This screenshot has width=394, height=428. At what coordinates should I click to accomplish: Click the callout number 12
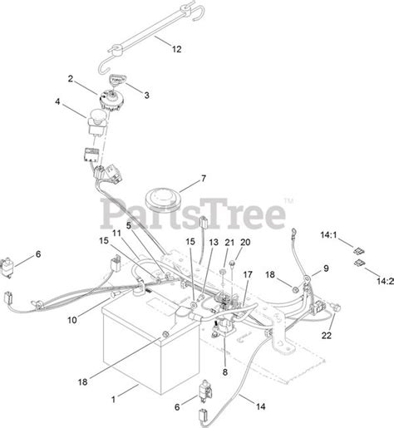tap(176, 49)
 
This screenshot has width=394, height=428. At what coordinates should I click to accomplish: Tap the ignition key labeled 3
tap(116, 80)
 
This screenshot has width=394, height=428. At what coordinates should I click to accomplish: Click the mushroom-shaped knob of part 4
tap(97, 115)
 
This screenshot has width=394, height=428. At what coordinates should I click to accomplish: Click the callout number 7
tap(204, 179)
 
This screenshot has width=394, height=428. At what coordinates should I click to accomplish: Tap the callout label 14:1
tap(328, 235)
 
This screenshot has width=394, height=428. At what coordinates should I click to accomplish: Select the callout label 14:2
tap(386, 282)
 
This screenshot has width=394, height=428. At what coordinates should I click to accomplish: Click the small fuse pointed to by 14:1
tap(358, 252)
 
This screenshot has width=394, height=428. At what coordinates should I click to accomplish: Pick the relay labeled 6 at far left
tap(6, 268)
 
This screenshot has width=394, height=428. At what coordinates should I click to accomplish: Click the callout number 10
tap(72, 320)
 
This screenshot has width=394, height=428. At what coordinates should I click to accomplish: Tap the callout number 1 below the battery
tap(113, 400)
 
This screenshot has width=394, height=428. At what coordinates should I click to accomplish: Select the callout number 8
tap(224, 372)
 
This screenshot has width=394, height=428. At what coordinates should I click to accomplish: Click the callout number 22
tap(327, 336)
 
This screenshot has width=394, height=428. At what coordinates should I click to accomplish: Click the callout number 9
tap(326, 268)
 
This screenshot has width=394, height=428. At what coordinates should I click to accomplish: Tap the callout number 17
tap(248, 274)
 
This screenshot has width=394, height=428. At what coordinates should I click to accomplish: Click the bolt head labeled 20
tap(233, 263)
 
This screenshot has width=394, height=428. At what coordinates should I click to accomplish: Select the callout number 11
tap(116, 234)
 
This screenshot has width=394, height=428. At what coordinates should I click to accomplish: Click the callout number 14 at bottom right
tap(260, 406)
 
